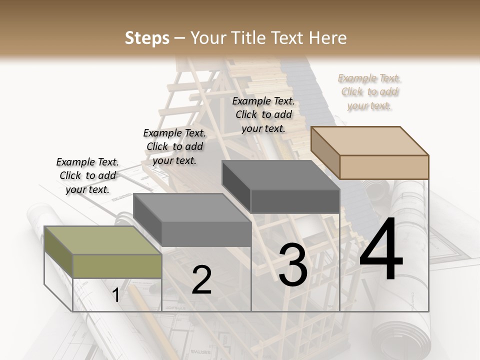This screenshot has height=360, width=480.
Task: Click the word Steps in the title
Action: point(147,38)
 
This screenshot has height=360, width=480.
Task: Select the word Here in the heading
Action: point(328,38)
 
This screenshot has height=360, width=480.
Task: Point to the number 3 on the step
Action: point(293,265)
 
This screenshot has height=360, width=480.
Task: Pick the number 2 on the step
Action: point(201,280)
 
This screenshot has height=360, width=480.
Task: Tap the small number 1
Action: point(116,295)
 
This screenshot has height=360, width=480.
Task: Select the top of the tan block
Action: point(369,140)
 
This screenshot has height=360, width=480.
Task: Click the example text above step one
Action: point(87,175)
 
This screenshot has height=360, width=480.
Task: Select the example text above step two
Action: point(174,146)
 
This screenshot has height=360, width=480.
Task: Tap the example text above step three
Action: point(263,114)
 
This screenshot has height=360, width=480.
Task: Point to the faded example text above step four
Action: point(369,91)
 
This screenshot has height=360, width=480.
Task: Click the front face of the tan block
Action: point(384,167)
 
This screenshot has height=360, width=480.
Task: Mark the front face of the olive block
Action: point(117,266)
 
